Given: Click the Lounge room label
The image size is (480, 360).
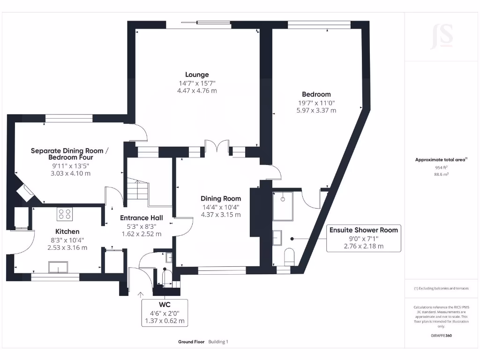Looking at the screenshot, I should click(x=197, y=75).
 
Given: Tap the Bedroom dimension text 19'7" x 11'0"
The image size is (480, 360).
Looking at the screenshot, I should click(x=316, y=103).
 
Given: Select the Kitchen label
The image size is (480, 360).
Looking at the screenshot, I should click(x=67, y=232).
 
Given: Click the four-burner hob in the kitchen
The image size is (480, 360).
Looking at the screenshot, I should click(x=65, y=214).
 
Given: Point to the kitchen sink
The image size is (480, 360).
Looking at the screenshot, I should click(x=58, y=267).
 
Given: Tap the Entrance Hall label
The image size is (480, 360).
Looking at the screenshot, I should click(x=142, y=218).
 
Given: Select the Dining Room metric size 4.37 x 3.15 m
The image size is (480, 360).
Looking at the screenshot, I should click(x=221, y=215).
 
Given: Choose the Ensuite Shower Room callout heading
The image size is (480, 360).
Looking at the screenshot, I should click(x=363, y=230).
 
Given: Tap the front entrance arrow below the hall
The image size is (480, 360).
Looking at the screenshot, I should click(x=141, y=294).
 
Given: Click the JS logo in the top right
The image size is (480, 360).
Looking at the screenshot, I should click(x=442, y=37).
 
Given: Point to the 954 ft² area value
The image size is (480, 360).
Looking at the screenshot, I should click(x=441, y=167).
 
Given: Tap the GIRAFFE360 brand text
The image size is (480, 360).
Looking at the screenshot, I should click(x=441, y=336).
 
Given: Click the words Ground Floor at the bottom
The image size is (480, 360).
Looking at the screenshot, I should click(x=191, y=342).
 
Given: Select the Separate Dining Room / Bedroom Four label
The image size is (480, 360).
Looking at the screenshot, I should click(x=69, y=154).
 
